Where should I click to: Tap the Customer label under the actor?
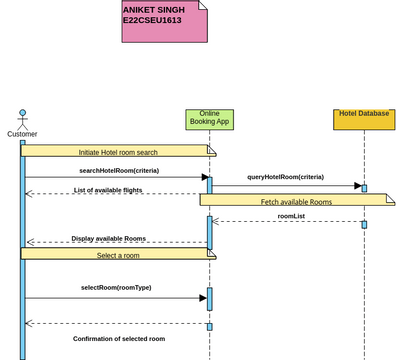22,133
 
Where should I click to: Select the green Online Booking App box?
209,119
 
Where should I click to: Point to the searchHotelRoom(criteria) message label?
118,170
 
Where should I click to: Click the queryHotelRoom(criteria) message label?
286,177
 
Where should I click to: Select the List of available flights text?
114,190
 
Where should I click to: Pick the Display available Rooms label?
109,239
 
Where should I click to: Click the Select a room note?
118,254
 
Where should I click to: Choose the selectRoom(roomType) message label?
116,288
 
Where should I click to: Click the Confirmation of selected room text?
119,339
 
